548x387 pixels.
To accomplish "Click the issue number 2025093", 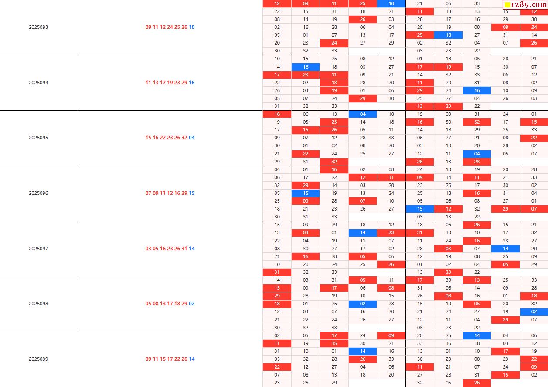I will click(38, 27).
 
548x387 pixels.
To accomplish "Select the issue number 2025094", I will click(38, 83).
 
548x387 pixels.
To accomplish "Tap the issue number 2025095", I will click(38, 138).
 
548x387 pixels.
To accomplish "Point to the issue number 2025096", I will click(38, 193).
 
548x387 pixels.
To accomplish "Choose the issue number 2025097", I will click(38, 249).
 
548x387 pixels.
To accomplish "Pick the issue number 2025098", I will click(38, 304).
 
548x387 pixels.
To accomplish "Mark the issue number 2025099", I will click(38, 359).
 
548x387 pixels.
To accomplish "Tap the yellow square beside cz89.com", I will click(507, 5).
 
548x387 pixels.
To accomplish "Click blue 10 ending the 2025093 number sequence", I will click(192, 27).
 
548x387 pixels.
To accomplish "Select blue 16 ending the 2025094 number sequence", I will click(192, 83).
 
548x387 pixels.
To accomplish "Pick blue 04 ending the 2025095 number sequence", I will click(192, 138).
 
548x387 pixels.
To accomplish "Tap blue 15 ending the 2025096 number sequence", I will click(192, 193).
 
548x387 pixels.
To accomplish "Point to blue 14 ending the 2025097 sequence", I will click(192, 249).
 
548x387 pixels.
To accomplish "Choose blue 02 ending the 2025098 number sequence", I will click(192, 304).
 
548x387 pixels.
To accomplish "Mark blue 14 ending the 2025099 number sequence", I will click(192, 359).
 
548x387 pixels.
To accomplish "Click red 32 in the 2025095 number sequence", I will click(184, 138).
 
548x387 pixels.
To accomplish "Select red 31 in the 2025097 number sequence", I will click(184, 249).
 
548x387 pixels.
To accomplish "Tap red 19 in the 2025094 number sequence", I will click(170, 83).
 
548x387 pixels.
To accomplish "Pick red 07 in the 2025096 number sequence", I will click(149, 193).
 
